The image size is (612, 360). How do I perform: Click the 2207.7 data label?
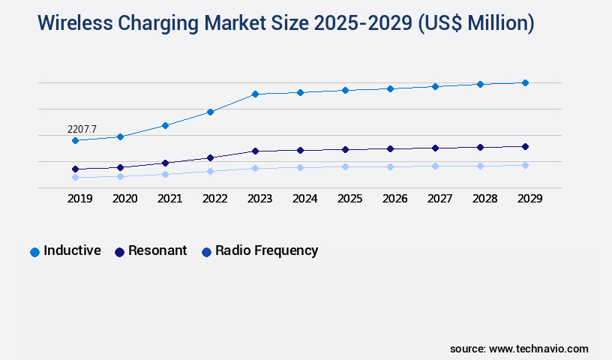click(x=82, y=129)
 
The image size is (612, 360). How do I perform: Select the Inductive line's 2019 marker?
click(x=75, y=140)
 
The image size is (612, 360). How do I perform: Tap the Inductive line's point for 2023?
click(x=255, y=94)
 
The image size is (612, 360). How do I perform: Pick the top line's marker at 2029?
click(x=525, y=82)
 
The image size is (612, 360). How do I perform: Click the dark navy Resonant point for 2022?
click(x=210, y=157)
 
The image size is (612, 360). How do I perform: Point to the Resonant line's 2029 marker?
click(x=525, y=146)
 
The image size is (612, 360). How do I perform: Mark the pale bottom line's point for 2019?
click(x=75, y=178)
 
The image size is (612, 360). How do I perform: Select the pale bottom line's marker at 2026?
click(x=390, y=166)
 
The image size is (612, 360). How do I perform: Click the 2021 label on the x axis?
click(x=169, y=199)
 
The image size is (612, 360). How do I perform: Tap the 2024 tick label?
click(x=304, y=199)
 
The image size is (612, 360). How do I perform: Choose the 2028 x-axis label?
click(x=484, y=199)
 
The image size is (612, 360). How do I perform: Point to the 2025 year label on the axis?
click(x=349, y=199)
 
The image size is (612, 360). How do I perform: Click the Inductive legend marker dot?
click(x=34, y=252)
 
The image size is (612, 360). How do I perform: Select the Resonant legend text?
click(x=157, y=250)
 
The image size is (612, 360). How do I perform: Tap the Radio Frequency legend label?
click(x=266, y=250)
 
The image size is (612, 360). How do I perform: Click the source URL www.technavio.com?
click(x=538, y=349)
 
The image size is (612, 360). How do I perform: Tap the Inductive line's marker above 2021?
click(x=165, y=125)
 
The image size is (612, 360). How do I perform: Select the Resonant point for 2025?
click(x=345, y=149)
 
